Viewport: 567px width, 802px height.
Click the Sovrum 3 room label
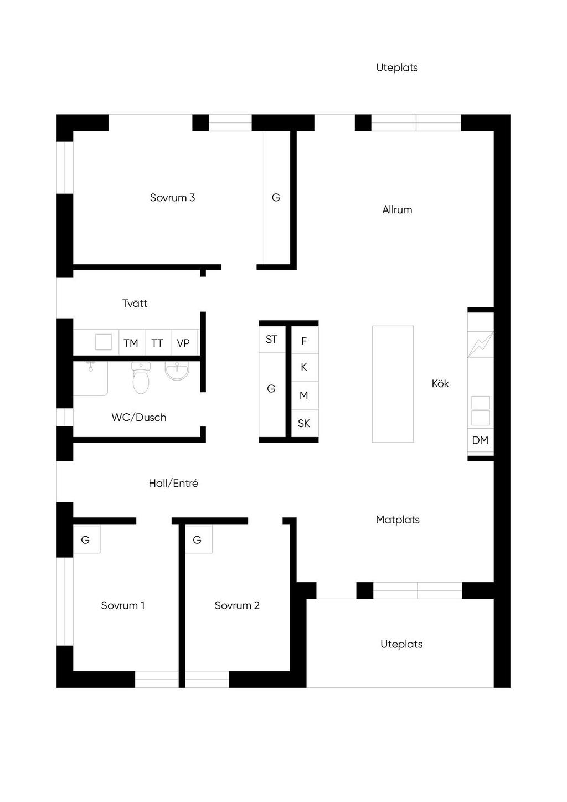172,197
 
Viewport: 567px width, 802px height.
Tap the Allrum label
397,209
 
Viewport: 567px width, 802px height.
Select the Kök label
440,383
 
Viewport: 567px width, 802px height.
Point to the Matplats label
398,520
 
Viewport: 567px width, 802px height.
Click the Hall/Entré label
173,484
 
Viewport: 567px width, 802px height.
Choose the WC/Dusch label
139,417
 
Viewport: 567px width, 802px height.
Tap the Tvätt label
135,304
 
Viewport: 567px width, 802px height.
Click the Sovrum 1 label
123,605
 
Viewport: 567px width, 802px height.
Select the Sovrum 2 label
237,605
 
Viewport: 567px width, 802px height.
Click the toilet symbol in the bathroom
141,378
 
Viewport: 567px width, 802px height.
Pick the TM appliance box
132,342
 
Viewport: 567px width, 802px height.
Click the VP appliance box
184,342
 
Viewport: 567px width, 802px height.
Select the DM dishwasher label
480,440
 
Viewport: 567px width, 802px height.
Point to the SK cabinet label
304,423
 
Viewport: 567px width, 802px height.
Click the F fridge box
305,340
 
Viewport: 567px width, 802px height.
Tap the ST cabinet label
271,339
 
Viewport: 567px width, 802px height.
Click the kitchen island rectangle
393,384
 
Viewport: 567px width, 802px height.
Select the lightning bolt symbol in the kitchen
481,345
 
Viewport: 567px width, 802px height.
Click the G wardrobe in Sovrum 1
86,539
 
